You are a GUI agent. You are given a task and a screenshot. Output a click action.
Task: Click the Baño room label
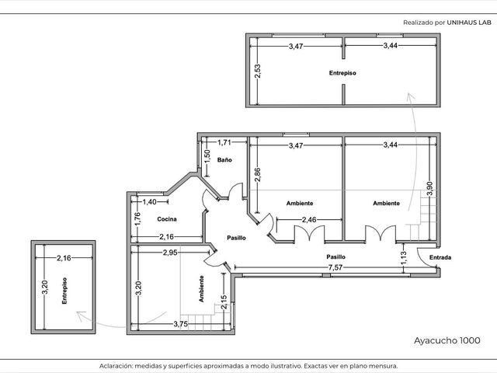coord(224,160)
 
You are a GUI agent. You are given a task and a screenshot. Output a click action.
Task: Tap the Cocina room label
coord(167,219)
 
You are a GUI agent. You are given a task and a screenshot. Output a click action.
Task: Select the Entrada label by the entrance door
coord(440,257)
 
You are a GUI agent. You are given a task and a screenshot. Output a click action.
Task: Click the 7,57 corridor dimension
coord(335,267)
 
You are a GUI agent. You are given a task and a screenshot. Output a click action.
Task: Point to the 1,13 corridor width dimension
coord(403,258)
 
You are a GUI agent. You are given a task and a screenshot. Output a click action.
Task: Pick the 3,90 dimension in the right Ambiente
coord(429,188)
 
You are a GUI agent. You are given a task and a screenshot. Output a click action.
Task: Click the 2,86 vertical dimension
coord(257,174)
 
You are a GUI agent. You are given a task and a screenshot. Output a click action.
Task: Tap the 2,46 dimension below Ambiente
coord(309,219)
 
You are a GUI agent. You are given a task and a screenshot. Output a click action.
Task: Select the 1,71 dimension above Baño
coord(224,142)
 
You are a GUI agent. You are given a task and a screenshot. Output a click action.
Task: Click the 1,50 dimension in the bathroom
coord(207,156)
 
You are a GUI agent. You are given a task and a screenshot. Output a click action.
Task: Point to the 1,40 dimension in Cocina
coord(149,202)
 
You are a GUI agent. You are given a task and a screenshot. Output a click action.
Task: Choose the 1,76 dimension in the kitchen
coord(137,219)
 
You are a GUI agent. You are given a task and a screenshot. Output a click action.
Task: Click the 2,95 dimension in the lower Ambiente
coord(170,253)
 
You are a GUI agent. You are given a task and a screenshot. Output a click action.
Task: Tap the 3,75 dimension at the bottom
coord(181,324)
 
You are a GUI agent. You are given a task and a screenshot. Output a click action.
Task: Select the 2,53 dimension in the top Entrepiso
coord(257,71)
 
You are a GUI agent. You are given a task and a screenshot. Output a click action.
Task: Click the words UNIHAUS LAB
coord(469,23)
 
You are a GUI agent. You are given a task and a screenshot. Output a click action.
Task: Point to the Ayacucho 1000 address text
coord(447,340)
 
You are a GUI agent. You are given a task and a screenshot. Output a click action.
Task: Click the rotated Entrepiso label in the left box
coord(64,291)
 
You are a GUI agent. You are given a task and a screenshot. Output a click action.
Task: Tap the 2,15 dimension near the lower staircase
coord(224,302)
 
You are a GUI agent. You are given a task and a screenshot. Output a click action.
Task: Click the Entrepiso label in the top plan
coord(342,73)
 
